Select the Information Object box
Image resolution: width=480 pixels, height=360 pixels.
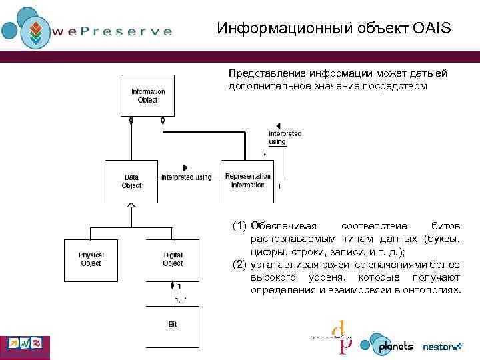[147, 95]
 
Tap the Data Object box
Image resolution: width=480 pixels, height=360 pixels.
[131, 181]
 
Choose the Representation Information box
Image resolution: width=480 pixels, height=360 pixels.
[247, 181]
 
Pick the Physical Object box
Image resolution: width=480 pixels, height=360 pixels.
[91, 259]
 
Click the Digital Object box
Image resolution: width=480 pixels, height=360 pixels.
[173, 259]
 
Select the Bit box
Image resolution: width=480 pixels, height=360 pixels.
[173, 325]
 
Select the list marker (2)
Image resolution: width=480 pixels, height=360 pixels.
[239, 265]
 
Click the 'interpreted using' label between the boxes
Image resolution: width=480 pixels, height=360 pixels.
[186, 177]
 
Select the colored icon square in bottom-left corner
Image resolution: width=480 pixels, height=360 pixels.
[25, 344]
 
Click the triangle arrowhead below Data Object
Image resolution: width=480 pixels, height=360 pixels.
[131, 205]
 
